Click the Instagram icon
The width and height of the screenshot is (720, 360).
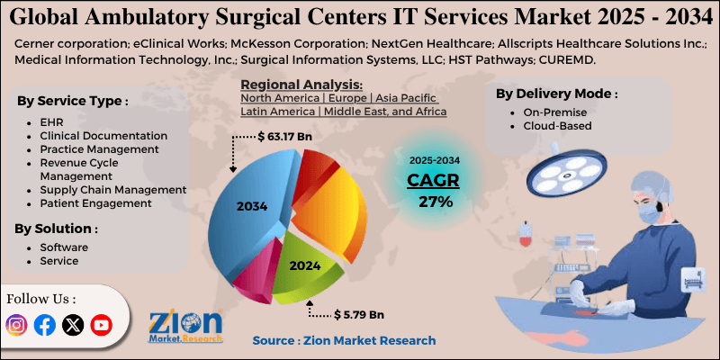click(x=16, y=325)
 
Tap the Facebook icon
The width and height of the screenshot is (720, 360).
click(x=44, y=325)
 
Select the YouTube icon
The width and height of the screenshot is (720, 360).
click(x=101, y=325)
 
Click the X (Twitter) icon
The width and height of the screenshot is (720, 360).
click(x=73, y=325)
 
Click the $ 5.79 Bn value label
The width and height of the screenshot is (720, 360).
click(x=358, y=315)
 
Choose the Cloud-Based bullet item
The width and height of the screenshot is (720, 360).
click(x=557, y=126)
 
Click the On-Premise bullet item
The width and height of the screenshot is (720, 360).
click(x=554, y=112)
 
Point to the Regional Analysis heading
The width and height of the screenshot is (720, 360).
click(x=301, y=85)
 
